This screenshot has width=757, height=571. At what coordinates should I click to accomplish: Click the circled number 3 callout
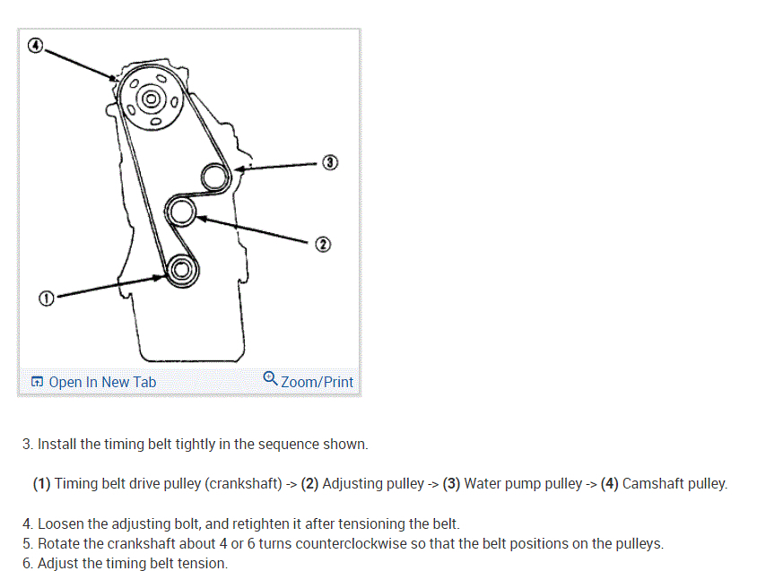pyautogui.click(x=330, y=163)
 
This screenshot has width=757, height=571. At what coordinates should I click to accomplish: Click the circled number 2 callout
pyautogui.click(x=323, y=244)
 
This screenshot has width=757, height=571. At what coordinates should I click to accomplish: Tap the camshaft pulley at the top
pyautogui.click(x=151, y=98)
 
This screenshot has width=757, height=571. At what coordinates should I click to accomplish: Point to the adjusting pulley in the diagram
pyautogui.click(x=182, y=212)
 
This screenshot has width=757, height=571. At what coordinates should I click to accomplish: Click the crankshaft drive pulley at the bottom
pyautogui.click(x=180, y=268)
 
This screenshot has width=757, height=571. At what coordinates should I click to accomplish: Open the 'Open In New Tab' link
pyautogui.click(x=102, y=382)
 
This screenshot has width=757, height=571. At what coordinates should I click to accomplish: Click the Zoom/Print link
pyautogui.click(x=317, y=382)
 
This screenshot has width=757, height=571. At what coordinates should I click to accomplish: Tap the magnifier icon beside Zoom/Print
pyautogui.click(x=270, y=379)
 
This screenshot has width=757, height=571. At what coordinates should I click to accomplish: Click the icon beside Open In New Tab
pyautogui.click(x=37, y=383)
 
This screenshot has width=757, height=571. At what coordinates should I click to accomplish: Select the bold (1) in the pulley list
pyautogui.click(x=41, y=484)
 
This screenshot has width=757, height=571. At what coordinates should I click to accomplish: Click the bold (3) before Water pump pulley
pyautogui.click(x=451, y=484)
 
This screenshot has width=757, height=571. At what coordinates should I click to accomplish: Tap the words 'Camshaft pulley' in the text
pyautogui.click(x=674, y=484)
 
